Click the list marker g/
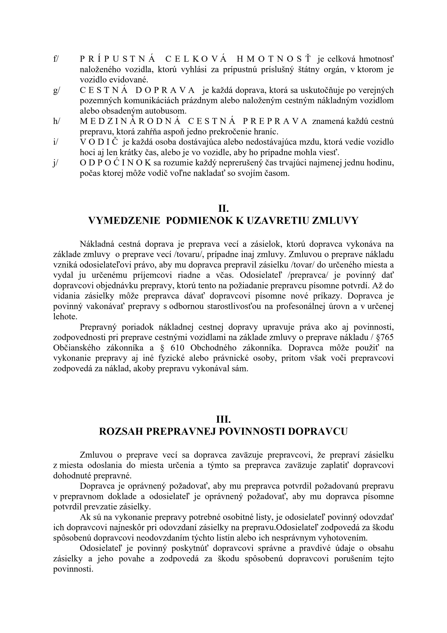pyautogui.click(x=56, y=90)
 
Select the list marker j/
pyautogui.click(x=56, y=163)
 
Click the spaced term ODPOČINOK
pyautogui.click(x=116, y=163)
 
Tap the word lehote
pyautogui.click(x=65, y=316)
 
